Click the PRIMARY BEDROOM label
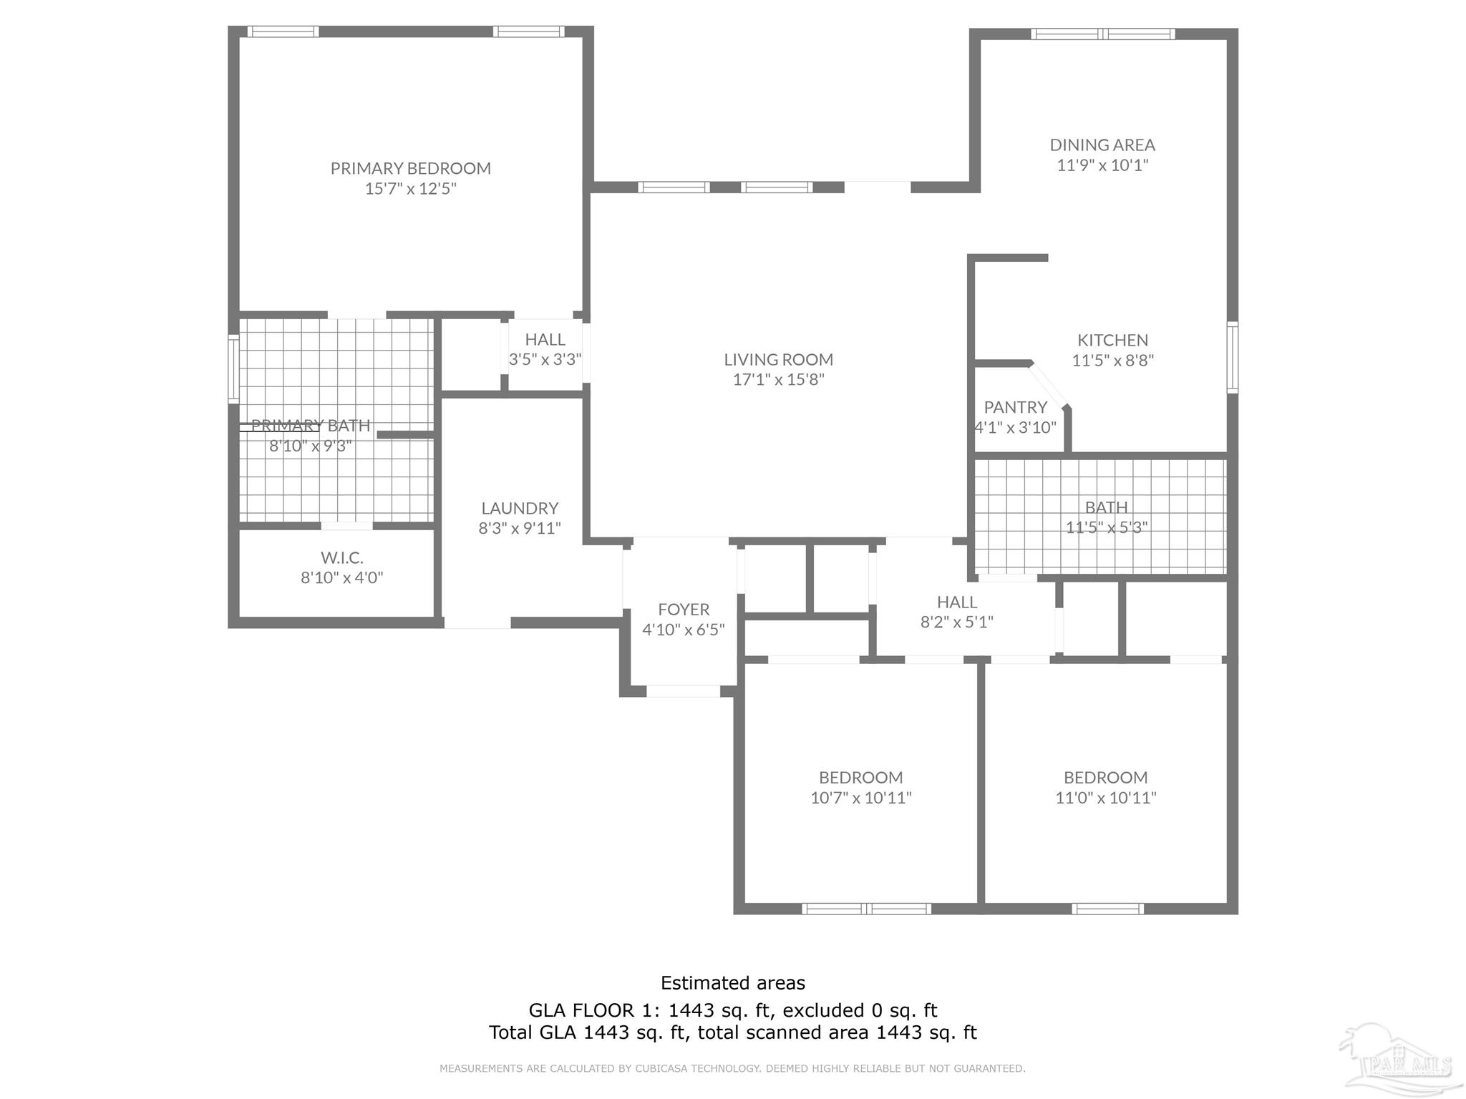[x=410, y=168]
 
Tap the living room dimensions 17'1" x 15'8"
[x=778, y=379]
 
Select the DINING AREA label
[x=1102, y=145]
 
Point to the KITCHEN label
[x=1112, y=340]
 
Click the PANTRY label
[x=1015, y=407]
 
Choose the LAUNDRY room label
[x=519, y=508]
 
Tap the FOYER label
[x=684, y=609]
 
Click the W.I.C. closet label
[x=341, y=557]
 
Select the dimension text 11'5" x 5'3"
[x=1106, y=527]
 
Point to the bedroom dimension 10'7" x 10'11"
[x=860, y=797]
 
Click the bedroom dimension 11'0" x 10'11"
[x=1105, y=797]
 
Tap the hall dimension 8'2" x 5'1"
[x=956, y=622]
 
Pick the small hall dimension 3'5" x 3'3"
[x=545, y=359]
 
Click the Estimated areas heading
[x=732, y=983]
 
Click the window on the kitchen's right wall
[x=1232, y=357]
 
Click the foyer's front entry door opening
[x=683, y=691]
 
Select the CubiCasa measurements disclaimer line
[x=732, y=1068]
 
